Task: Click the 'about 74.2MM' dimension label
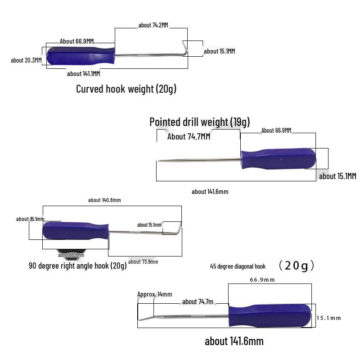tap(153, 25)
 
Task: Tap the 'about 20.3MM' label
tap(26, 60)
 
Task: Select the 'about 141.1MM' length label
tap(83, 74)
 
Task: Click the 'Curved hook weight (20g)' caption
tap(126, 89)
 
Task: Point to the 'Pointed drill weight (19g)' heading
tap(199, 122)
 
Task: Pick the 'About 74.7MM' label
tap(189, 136)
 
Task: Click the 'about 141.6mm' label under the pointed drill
tap(210, 192)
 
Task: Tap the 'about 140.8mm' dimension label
tap(104, 200)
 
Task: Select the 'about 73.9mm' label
tap(143, 262)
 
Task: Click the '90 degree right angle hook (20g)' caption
tap(78, 266)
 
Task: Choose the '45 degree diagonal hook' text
tap(238, 266)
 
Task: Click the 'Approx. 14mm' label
tap(154, 294)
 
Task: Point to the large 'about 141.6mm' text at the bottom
tap(234, 341)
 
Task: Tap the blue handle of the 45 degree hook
tap(270, 315)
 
